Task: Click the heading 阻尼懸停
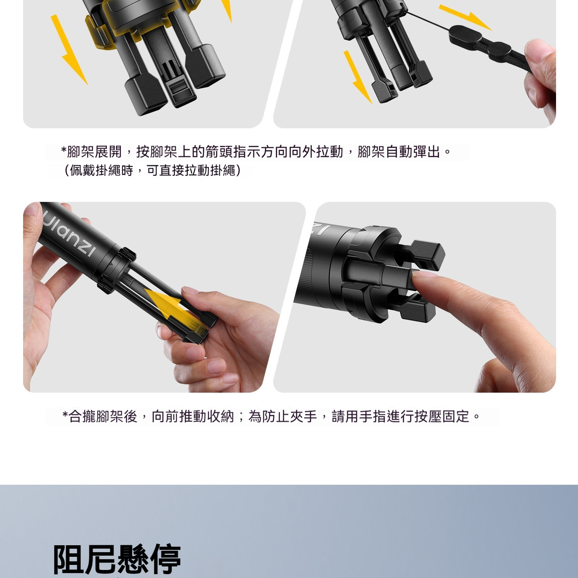[x=117, y=560]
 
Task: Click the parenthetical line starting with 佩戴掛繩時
[x=152, y=170]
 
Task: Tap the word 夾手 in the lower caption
[x=303, y=417]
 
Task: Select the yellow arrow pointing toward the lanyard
[x=465, y=17]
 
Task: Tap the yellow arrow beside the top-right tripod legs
[x=358, y=77]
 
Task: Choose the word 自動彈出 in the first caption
[x=413, y=152]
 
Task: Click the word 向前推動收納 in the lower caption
[x=193, y=417]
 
